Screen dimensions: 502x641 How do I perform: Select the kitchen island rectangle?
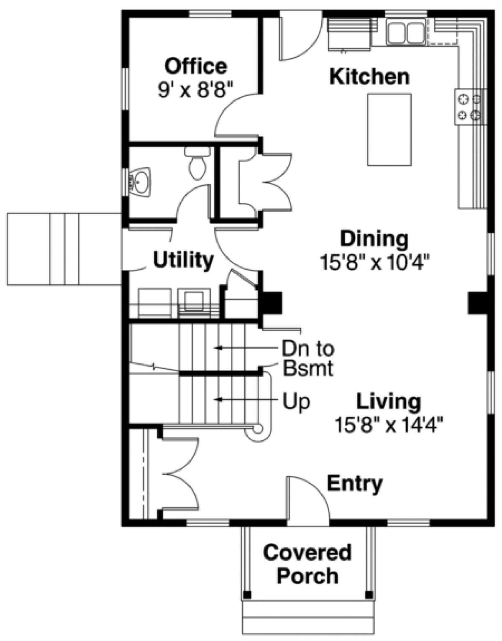389,130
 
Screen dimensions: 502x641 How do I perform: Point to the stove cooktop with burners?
469,107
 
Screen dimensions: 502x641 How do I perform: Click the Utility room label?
183,260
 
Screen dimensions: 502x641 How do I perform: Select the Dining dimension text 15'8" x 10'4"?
374,263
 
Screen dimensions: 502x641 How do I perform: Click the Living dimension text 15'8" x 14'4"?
389,426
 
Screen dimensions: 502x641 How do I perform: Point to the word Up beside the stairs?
296,402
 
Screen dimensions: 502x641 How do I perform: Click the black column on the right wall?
477,303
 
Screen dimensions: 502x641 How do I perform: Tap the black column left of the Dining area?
270,303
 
